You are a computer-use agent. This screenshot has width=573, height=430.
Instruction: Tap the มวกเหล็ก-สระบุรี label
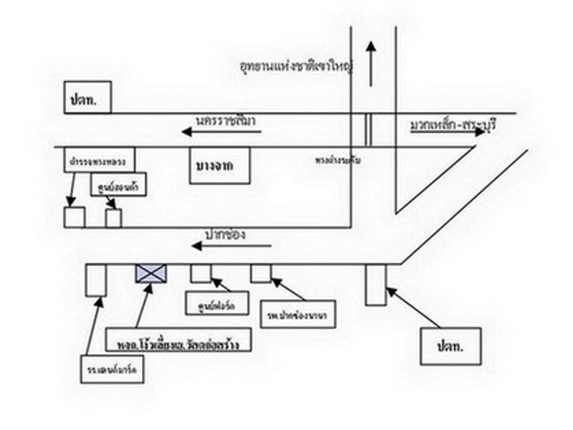(x=453, y=126)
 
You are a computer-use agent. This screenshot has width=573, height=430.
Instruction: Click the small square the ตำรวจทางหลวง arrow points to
(x=74, y=217)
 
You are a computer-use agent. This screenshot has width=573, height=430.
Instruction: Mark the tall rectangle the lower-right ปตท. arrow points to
(x=375, y=284)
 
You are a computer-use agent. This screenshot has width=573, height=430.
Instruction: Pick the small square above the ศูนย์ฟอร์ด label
(x=200, y=272)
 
